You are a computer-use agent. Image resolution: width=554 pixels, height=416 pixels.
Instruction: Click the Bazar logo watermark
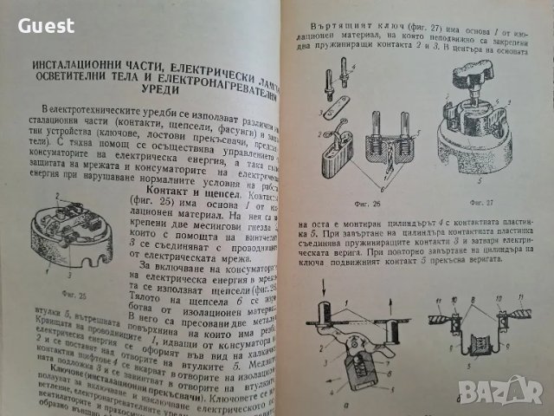tap(511, 394)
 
